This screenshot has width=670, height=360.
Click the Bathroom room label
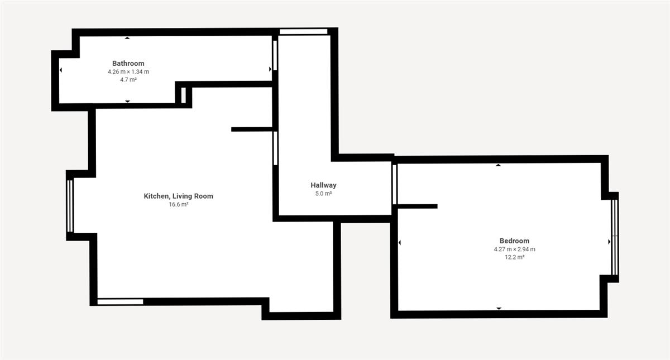click(x=128, y=64)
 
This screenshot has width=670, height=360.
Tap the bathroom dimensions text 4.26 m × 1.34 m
click(x=128, y=72)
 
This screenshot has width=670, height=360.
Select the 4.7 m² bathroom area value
click(x=128, y=79)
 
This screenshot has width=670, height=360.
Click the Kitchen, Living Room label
click(x=178, y=196)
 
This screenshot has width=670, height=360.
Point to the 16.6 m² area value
click(x=178, y=204)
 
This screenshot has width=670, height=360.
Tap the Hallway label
click(x=323, y=185)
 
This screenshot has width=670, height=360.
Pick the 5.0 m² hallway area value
click(x=323, y=194)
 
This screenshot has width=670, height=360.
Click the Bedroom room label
click(x=514, y=241)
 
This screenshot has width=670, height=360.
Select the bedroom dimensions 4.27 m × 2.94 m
click(x=514, y=249)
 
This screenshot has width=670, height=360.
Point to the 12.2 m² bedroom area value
click(x=514, y=257)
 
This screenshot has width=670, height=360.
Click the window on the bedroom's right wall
click(x=615, y=237)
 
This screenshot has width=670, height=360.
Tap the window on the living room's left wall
click(x=70, y=206)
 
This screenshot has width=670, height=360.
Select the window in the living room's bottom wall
click(x=120, y=302)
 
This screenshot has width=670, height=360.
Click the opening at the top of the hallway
click(x=303, y=32)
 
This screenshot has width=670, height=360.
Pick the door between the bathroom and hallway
click(x=275, y=55)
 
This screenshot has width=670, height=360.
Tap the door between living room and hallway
click(x=275, y=148)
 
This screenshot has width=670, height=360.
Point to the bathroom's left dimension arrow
click(x=61, y=70)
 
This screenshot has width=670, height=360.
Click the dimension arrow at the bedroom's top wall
click(x=498, y=165)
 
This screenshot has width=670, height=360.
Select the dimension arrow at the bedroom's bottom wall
click(x=499, y=308)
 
